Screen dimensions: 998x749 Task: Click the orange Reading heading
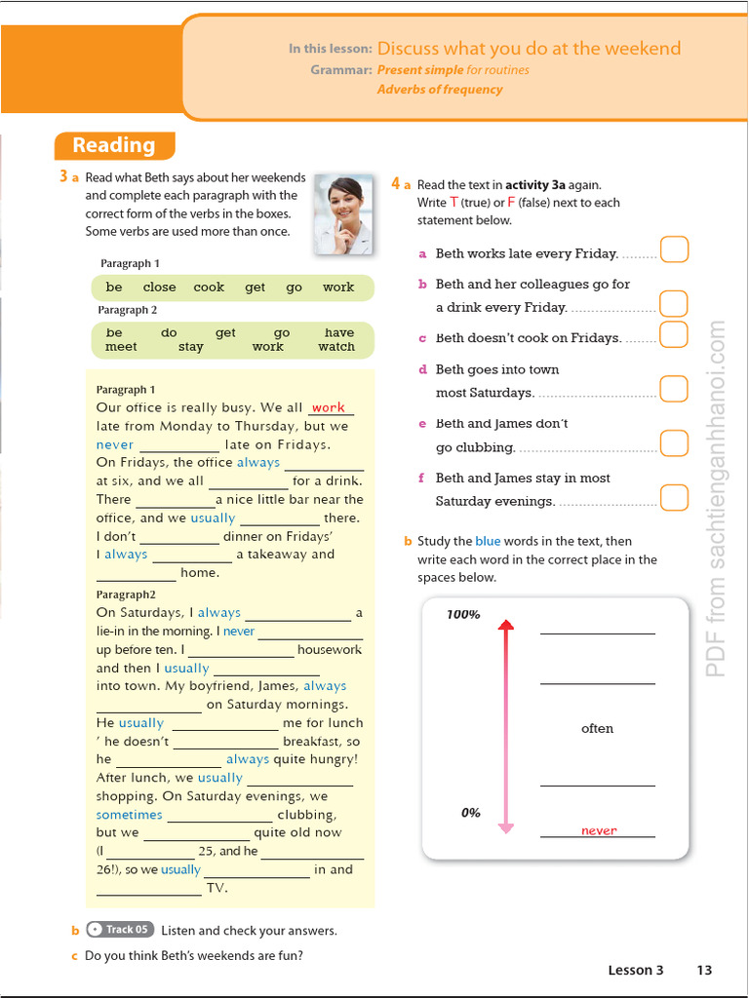(x=114, y=146)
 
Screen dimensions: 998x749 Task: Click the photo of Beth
(x=343, y=215)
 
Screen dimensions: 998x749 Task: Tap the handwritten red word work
(x=329, y=407)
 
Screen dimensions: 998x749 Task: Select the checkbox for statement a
(x=674, y=249)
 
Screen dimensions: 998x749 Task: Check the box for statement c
(x=674, y=334)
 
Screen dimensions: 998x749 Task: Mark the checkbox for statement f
(x=674, y=497)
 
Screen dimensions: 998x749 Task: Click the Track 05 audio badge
(x=120, y=930)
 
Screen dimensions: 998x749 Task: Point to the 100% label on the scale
(x=463, y=615)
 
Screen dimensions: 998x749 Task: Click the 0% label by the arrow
(x=470, y=813)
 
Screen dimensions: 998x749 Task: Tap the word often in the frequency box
(x=597, y=729)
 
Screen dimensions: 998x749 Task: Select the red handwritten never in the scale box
(x=599, y=830)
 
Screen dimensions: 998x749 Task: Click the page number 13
(x=704, y=970)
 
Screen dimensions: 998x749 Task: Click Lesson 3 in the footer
(x=635, y=970)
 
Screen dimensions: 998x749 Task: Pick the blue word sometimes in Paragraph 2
(x=130, y=815)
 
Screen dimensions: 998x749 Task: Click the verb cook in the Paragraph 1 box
(x=209, y=288)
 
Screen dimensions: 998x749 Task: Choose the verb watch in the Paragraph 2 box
(x=336, y=347)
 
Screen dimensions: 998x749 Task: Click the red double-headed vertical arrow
(x=505, y=726)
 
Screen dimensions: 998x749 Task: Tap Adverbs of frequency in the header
(x=440, y=90)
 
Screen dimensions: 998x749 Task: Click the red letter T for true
(x=453, y=203)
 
